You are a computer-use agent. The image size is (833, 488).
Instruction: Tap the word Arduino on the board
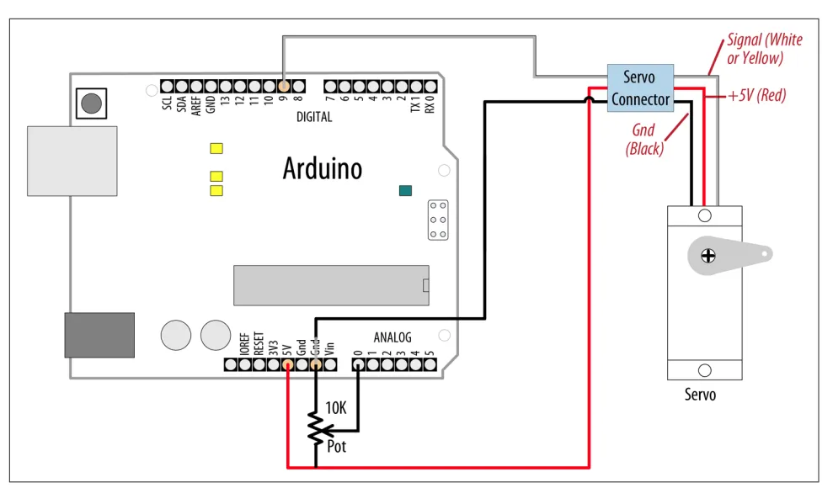pos(322,168)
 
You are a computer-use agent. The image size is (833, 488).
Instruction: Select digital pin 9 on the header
pos(284,86)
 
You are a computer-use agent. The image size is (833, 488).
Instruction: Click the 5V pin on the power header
pos(287,365)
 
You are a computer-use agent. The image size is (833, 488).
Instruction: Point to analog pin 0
pos(358,365)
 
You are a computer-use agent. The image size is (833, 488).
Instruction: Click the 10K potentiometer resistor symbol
pos(315,429)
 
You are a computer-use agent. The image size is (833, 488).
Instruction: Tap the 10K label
pos(335,409)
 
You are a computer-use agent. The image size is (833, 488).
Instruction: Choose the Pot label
pos(336,447)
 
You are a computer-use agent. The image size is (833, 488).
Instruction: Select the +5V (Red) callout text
pos(756,96)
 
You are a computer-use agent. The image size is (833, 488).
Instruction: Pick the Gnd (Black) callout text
pos(644,140)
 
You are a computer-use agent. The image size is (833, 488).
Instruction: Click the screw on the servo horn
pos(707,252)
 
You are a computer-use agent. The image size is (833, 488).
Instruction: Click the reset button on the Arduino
pos(91,104)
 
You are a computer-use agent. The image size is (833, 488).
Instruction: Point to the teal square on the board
pos(406,190)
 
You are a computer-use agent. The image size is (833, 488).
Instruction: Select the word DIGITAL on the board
pos(314,117)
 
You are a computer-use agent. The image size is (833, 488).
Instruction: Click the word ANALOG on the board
pos(392,338)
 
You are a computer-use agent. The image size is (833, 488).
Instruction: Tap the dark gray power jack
pos(99,335)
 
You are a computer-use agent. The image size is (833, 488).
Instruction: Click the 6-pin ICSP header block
pos(438,220)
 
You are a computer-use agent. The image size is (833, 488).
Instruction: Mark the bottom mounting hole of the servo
pos(705,369)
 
